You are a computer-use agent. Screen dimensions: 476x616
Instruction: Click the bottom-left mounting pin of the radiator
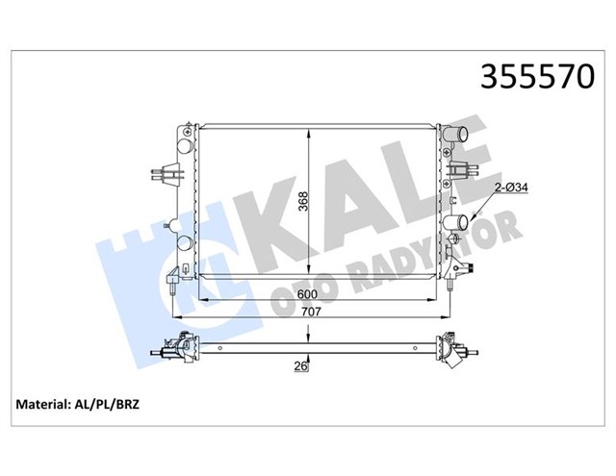[171, 285]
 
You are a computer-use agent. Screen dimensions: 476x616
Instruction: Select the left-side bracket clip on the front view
[167, 174]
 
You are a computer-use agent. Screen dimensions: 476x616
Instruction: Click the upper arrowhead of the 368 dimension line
[308, 128]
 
